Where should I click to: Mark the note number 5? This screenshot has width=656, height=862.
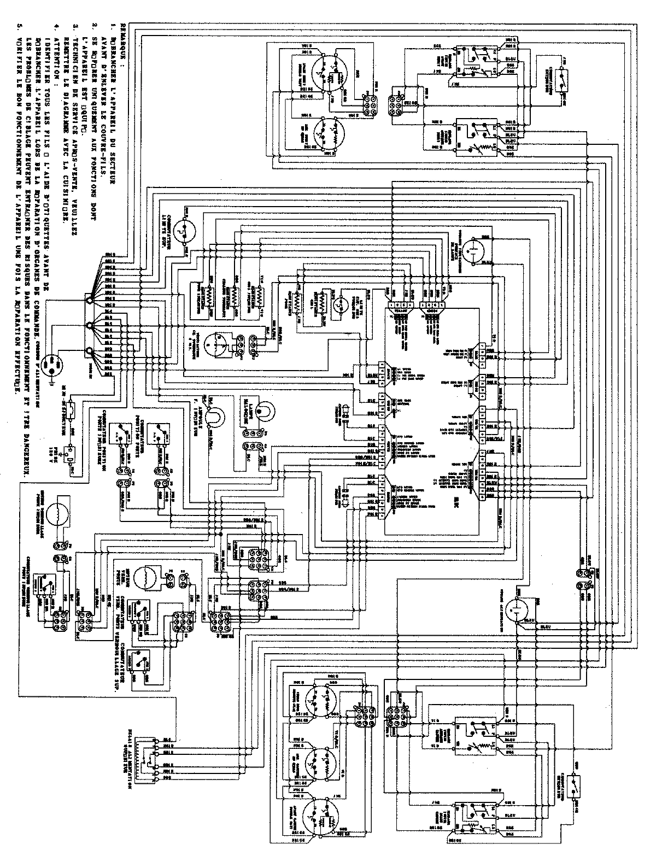(20, 26)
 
